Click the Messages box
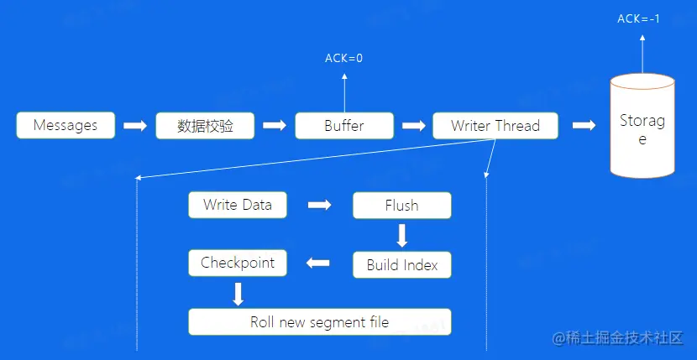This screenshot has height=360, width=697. [66, 126]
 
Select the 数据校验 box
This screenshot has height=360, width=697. [205, 126]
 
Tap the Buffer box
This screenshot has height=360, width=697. [344, 126]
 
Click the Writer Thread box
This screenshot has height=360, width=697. [495, 126]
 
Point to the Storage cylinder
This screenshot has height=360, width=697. [642, 128]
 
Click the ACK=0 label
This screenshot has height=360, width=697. [344, 59]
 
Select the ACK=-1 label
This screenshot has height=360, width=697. [639, 18]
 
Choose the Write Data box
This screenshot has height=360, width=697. [238, 205]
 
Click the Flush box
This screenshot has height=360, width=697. [401, 206]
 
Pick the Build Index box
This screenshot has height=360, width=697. [401, 265]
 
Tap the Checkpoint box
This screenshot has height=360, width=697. [238, 263]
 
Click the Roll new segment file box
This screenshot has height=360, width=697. [319, 322]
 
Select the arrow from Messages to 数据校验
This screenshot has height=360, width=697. [134, 126]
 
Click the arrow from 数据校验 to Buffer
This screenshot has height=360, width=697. [274, 126]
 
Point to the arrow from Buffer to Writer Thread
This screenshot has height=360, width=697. [413, 126]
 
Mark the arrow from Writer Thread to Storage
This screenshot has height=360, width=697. [584, 126]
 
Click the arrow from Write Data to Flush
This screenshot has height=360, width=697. [319, 206]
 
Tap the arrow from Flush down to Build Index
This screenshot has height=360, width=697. [401, 235]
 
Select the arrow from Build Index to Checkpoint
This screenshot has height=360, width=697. [318, 264]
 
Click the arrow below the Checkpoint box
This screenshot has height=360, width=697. [238, 294]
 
